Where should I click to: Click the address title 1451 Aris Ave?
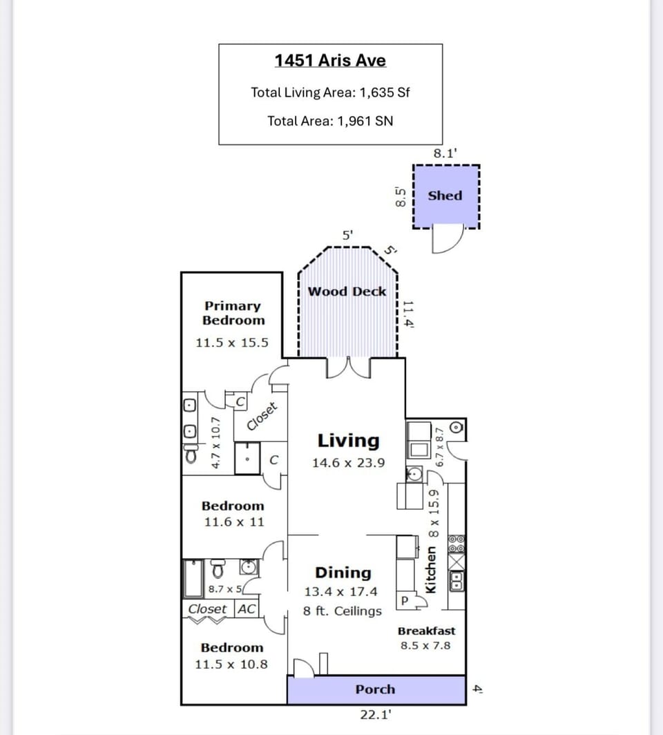(x=330, y=60)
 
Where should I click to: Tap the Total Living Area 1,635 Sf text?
(x=330, y=92)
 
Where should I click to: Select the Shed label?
(x=445, y=195)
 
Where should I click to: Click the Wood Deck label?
(x=347, y=292)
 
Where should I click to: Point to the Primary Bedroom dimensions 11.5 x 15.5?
(x=232, y=343)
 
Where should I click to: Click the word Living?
(x=348, y=440)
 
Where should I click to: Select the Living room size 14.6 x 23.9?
(x=348, y=463)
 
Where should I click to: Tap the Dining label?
(x=343, y=573)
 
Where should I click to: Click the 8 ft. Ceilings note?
(x=343, y=611)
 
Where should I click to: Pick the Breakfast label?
(x=426, y=631)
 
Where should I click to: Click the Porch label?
(x=375, y=689)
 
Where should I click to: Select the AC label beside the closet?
(x=247, y=609)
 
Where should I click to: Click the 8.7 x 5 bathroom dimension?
(x=225, y=589)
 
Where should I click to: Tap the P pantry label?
(x=405, y=601)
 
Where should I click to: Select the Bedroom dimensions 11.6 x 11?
(x=233, y=522)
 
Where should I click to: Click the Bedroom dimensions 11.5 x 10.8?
(x=231, y=665)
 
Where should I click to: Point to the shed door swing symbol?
(x=445, y=240)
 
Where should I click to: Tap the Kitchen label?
(x=432, y=569)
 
